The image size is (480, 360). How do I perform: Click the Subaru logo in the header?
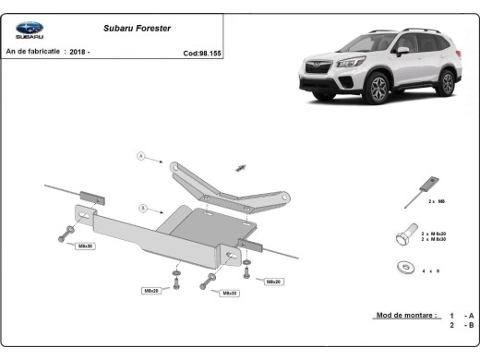(25, 31)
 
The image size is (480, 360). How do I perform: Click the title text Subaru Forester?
(129, 28)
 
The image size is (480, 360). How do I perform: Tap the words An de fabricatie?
(33, 52)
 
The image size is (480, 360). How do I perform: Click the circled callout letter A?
(141, 156)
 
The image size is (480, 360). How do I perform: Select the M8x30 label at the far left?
(85, 246)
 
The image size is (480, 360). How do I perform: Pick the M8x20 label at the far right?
(273, 281)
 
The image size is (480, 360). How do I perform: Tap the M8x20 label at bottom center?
(150, 291)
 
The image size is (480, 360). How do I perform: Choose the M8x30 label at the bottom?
(230, 294)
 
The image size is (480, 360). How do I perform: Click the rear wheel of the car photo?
(446, 82)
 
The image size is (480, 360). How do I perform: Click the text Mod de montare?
(405, 315)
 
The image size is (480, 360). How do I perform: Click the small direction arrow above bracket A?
(242, 167)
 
